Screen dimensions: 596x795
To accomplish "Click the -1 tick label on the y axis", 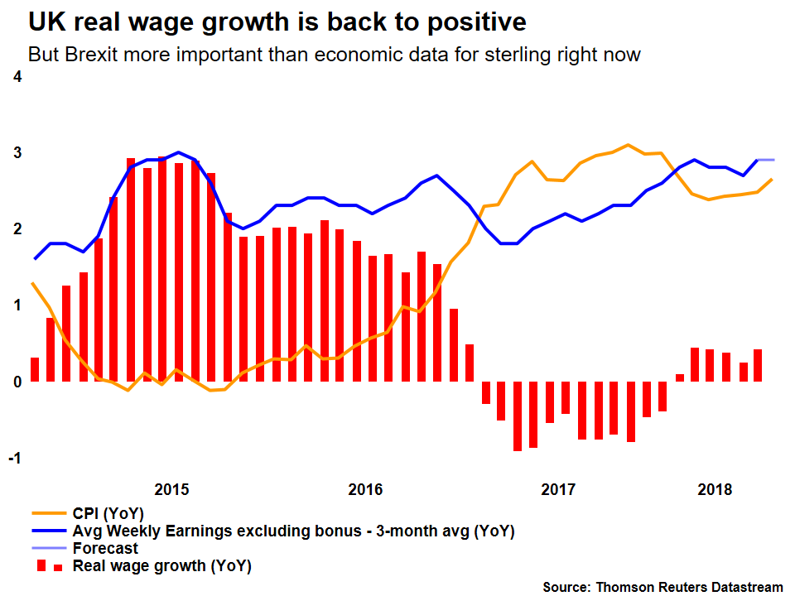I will coord(14,459).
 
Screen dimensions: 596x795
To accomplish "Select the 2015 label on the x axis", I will coord(172,489).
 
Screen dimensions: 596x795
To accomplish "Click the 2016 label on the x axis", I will coord(365,489).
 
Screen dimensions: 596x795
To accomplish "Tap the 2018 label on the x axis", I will coord(715,489).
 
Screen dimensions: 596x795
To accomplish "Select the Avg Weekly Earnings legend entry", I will coord(293,531).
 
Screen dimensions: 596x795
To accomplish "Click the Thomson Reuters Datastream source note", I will coord(662,587).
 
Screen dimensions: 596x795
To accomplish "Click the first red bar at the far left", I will coord(35,369).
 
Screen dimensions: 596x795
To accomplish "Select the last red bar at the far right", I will coord(757,365).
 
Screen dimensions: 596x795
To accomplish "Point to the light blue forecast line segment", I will coord(767,160).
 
